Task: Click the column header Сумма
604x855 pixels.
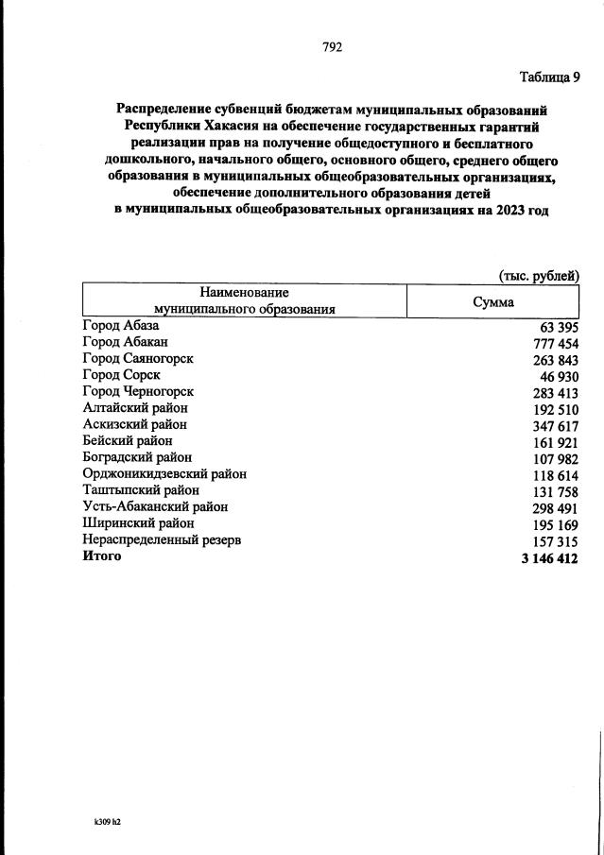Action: click(x=493, y=302)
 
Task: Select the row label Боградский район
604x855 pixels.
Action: click(x=137, y=457)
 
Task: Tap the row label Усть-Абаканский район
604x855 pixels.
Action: click(x=155, y=506)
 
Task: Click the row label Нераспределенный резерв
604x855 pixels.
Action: click(x=161, y=539)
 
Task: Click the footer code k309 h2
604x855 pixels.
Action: click(x=101, y=821)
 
